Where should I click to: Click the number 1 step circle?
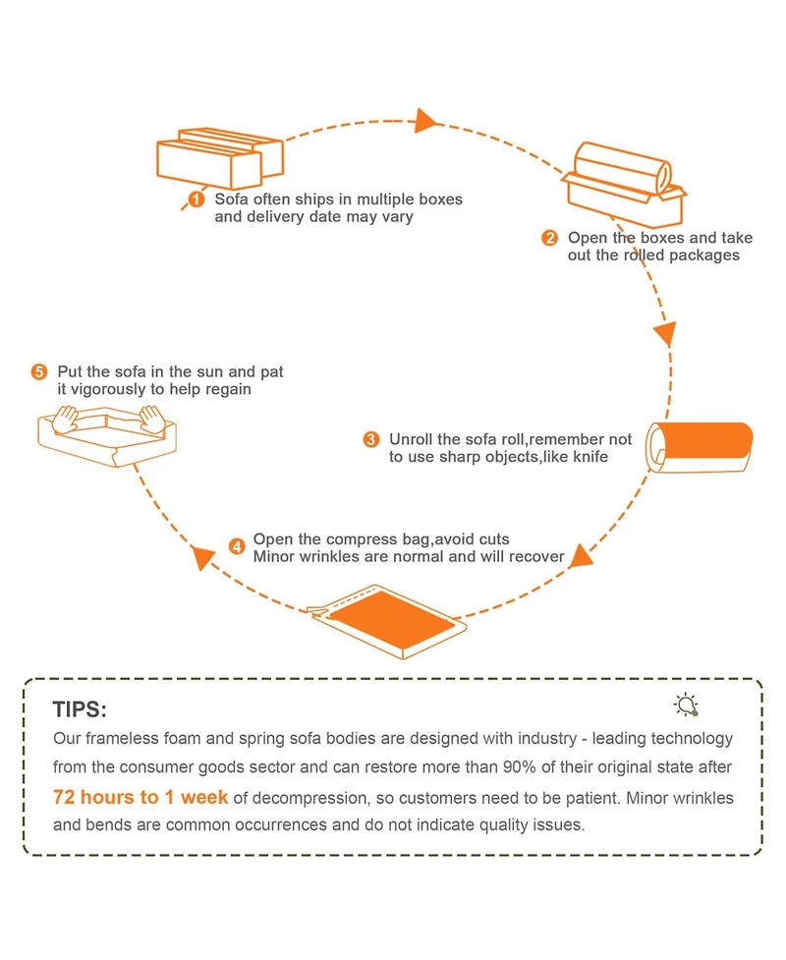pyautogui.click(x=196, y=200)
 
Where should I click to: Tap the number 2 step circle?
pyautogui.click(x=549, y=238)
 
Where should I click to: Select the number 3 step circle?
pyautogui.click(x=371, y=439)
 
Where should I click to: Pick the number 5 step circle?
pyautogui.click(x=39, y=372)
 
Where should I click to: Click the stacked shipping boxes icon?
pyautogui.click(x=220, y=157)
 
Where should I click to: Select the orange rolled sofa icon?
pyautogui.click(x=700, y=447)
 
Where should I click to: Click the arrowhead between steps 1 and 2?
pyautogui.click(x=425, y=121)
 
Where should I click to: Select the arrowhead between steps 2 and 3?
pyautogui.click(x=665, y=331)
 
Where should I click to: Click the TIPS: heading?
pyautogui.click(x=80, y=709)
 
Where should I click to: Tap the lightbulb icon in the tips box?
pyautogui.click(x=686, y=705)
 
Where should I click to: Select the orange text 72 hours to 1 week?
pyautogui.click(x=140, y=797)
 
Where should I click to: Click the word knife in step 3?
pyautogui.click(x=588, y=457)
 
